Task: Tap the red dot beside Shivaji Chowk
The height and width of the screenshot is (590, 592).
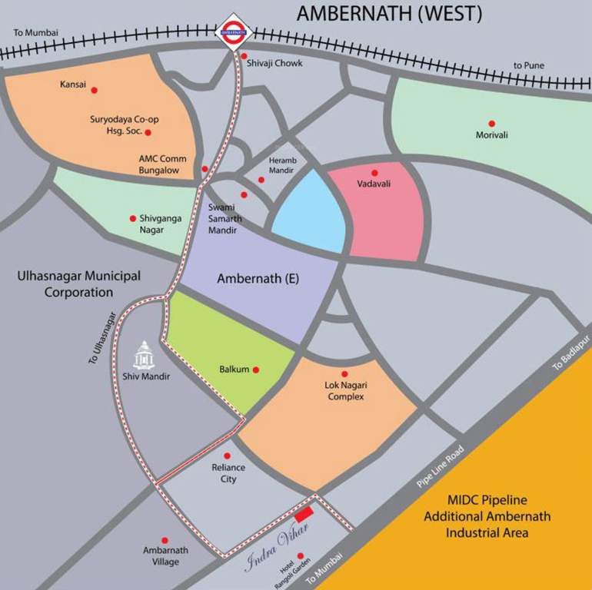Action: tap(244, 56)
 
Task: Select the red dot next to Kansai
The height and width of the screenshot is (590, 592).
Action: tap(95, 90)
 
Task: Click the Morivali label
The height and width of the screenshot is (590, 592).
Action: tap(491, 136)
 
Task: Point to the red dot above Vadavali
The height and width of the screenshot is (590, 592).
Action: tap(374, 173)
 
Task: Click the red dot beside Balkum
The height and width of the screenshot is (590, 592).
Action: tap(256, 370)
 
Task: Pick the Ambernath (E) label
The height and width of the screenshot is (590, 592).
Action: tap(258, 279)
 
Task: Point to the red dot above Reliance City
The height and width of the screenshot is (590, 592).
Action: tap(227, 456)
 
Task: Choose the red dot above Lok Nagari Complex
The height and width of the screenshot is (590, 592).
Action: tap(344, 374)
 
